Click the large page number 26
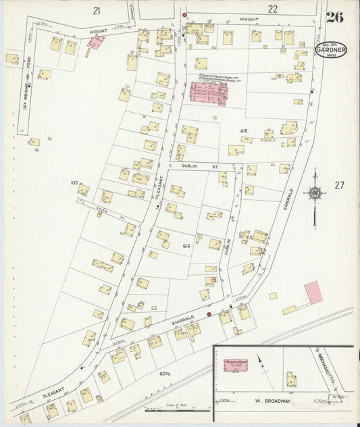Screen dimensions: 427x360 tap(334, 17)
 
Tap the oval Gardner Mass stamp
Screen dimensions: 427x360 tap(331, 51)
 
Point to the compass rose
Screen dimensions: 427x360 tap(314, 195)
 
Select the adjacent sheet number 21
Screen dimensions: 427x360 tap(97, 10)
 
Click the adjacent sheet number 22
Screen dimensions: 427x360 tap(272, 9)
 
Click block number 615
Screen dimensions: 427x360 tap(244, 130)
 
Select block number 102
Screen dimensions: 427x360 tap(74, 182)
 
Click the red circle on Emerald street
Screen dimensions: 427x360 tap(209, 314)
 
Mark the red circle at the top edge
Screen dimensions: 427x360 tap(184, 14)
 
